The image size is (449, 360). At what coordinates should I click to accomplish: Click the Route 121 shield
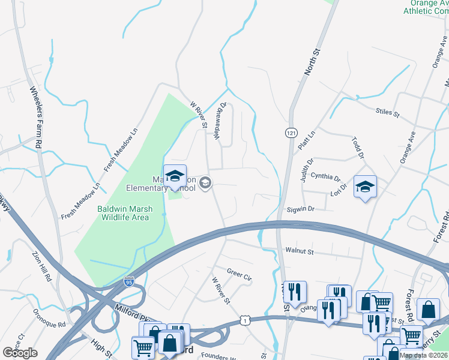click(x=290, y=131)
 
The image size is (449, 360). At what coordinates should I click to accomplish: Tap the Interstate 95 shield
click(x=129, y=281)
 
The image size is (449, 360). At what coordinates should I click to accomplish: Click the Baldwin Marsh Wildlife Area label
click(x=125, y=213)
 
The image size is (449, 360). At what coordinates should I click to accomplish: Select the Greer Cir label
click(x=239, y=274)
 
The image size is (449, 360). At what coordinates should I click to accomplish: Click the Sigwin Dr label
click(x=301, y=209)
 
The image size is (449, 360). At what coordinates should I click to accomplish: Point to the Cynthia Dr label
click(x=328, y=178)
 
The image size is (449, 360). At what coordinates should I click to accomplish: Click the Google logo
click(x=20, y=353)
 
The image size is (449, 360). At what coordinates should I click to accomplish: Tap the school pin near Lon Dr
click(x=365, y=187)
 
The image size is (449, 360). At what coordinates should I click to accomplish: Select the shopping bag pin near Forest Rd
click(x=428, y=310)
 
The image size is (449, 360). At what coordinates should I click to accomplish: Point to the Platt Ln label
click(x=304, y=142)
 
